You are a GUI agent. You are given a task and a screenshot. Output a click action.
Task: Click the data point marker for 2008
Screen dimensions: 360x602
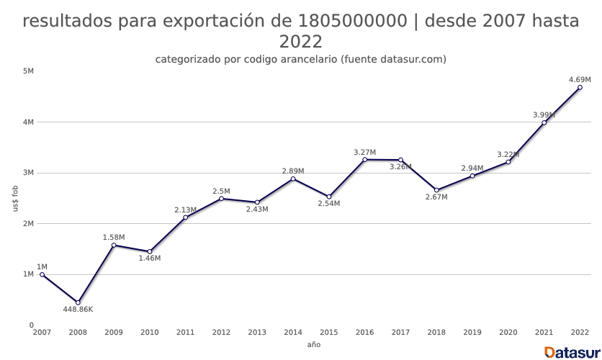coord(78,302)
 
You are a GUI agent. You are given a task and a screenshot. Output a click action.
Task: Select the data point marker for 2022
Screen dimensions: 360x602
coord(580,87)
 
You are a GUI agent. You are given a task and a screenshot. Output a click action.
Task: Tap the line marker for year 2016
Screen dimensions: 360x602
coord(364,159)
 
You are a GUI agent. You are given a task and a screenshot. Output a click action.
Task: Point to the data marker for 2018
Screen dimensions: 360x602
coord(436,190)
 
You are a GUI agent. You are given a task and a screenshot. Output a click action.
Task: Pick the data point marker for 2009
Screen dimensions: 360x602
coord(114,245)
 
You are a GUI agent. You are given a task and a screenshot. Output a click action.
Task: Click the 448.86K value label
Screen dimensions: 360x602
coord(78,310)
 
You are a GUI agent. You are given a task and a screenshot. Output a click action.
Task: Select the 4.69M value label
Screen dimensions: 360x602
coord(580,79)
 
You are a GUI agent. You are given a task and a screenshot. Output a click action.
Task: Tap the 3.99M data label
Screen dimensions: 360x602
coord(544,114)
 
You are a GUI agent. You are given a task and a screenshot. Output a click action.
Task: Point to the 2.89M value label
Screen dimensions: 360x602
coord(293,171)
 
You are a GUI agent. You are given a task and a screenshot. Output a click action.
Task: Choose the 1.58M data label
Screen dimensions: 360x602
coord(114,237)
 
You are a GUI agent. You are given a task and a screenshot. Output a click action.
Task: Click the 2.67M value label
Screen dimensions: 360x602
coord(436,197)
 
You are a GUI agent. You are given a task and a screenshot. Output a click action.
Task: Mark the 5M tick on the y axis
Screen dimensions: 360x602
coord(29,71)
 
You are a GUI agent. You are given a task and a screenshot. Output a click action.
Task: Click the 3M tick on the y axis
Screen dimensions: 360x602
coord(29,173)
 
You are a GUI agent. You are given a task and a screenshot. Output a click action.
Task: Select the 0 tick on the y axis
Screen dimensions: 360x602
coord(31,325)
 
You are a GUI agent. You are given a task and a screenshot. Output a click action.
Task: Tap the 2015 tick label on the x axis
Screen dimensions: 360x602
coord(329,332)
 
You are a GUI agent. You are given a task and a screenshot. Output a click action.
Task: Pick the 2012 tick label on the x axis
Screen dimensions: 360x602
coord(221,332)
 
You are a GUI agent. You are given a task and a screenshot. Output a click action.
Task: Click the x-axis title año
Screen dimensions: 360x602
coord(313,345)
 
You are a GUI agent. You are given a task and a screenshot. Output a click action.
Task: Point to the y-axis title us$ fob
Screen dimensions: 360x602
coord(15,198)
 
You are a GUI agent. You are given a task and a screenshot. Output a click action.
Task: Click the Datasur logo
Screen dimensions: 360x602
coord(572,352)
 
